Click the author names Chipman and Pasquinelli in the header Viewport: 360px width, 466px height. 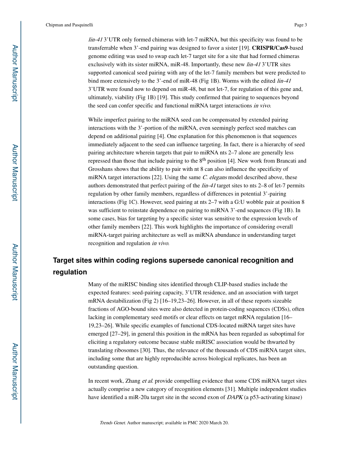(x=69, y=25)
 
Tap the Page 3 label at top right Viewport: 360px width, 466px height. (x=300, y=25)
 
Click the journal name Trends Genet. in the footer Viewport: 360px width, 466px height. (x=113, y=423)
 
